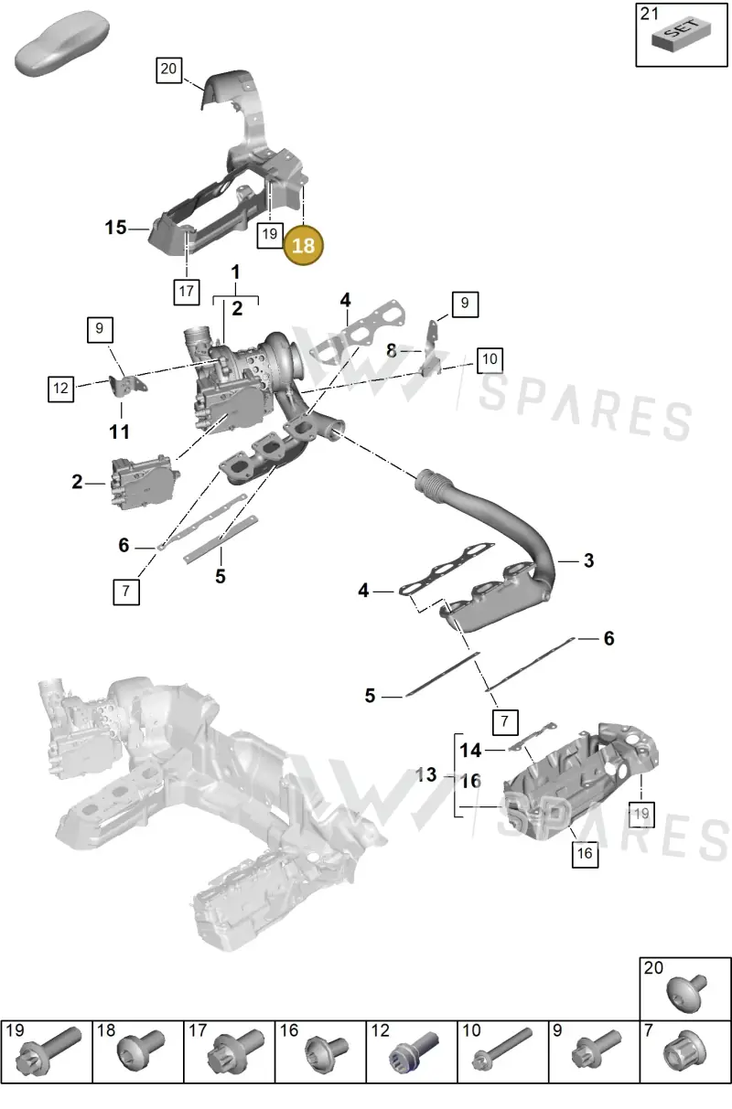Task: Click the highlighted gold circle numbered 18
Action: click(x=303, y=246)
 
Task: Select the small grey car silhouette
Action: click(x=61, y=43)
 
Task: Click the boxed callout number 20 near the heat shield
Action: click(x=168, y=69)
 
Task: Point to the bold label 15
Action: click(x=115, y=228)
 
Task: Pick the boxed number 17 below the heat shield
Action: click(x=187, y=292)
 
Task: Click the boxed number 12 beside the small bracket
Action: click(x=61, y=389)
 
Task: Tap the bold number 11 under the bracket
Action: click(x=120, y=432)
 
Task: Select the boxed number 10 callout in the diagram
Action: click(x=490, y=360)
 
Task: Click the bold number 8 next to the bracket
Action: click(x=392, y=350)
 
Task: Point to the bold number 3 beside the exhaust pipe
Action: click(x=588, y=561)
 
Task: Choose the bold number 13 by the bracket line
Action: click(x=425, y=774)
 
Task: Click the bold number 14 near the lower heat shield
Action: click(x=470, y=751)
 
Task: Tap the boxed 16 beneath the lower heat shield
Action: click(x=585, y=853)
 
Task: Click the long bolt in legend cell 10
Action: click(x=502, y=1047)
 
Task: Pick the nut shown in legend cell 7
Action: click(x=683, y=1049)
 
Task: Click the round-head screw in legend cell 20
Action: click(x=686, y=994)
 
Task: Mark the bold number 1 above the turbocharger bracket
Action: click(x=235, y=272)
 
